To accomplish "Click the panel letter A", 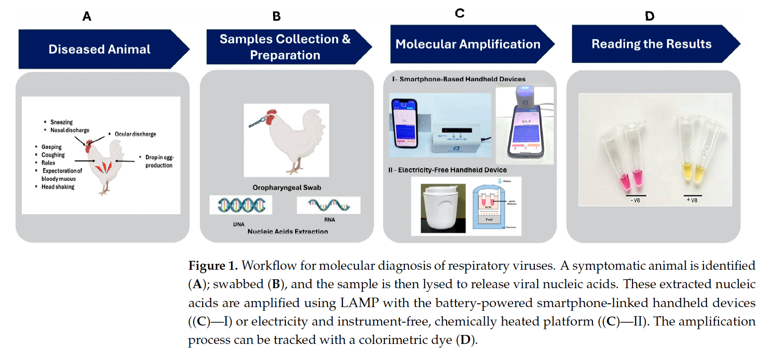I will coord(87,17).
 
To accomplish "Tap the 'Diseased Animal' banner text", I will coord(99,49).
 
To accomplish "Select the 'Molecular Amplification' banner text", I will coord(468,44).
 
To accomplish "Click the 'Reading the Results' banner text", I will coord(651,44).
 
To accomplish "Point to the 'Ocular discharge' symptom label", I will coord(135,134).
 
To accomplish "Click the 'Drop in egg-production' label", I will coord(159,161).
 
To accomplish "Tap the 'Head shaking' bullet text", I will coord(58,187).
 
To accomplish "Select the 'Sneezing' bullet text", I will coord(61,122).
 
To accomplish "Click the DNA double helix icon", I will coord(241,205).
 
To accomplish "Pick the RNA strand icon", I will coord(329,205).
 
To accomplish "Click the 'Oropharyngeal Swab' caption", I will coord(287,188).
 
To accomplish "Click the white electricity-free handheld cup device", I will coord(443,207).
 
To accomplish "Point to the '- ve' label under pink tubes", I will coord(635,200).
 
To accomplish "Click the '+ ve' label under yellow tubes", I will coord(692,200).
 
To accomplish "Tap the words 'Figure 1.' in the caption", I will coord(213,266).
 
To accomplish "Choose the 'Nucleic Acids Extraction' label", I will coord(288,231).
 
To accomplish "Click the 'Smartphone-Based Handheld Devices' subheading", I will coord(462,79).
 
